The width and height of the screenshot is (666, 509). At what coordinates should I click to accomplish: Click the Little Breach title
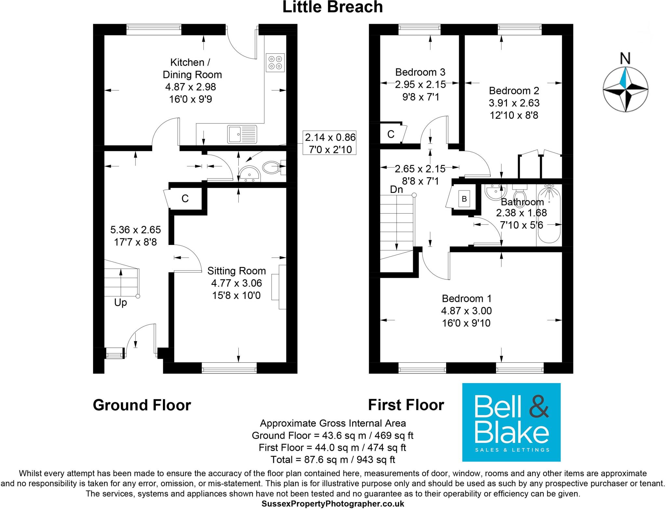[332, 7]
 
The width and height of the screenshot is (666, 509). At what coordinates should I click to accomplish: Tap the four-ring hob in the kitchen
[275, 62]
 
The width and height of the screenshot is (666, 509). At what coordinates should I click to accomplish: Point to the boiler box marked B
[464, 199]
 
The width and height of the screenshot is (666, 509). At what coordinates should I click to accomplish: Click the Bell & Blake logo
[511, 422]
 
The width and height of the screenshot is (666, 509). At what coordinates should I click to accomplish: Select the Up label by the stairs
[120, 303]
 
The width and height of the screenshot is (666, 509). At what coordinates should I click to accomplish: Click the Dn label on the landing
[396, 189]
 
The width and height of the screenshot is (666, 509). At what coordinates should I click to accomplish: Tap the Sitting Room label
[236, 271]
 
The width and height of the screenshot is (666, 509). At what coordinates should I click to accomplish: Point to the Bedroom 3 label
[420, 72]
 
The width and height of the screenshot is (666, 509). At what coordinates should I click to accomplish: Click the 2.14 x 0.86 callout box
[330, 143]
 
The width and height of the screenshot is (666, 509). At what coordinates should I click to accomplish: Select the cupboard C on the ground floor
[185, 199]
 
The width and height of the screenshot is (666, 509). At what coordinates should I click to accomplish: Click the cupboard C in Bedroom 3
[391, 134]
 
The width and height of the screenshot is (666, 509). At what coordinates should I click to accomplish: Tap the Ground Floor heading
[142, 405]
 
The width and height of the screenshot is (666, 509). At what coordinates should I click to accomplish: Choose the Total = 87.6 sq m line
[332, 460]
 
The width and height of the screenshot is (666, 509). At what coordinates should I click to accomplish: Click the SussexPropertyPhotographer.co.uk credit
[333, 504]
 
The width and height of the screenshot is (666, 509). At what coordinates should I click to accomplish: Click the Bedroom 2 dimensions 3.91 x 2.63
[514, 103]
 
